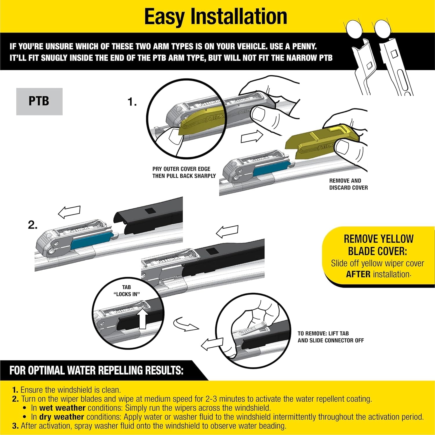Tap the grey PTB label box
39,101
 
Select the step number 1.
132,102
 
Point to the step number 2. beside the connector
33,225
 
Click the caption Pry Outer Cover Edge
181,169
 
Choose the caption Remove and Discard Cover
348,184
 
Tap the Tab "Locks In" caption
126,290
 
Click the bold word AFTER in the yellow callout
358,274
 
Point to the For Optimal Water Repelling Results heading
96,371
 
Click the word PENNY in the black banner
304,46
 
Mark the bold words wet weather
62,408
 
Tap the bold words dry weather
61,417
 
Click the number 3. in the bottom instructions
15,426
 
